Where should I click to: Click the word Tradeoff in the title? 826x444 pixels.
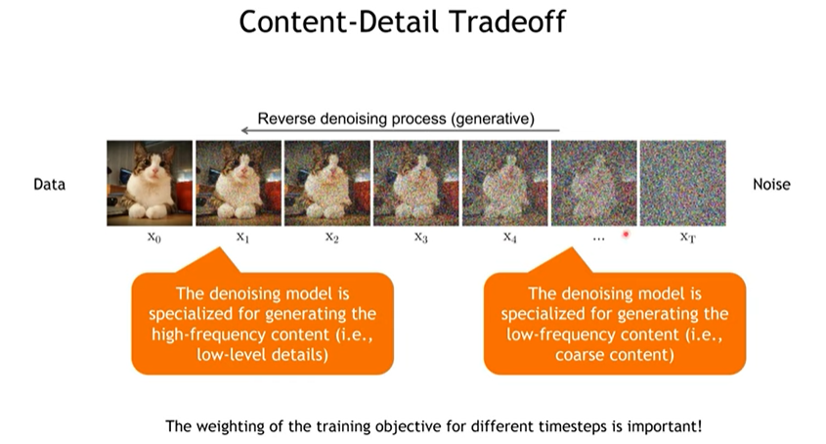point(508,22)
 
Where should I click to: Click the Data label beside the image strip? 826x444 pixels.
point(50,184)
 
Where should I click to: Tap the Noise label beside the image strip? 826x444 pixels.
point(771,184)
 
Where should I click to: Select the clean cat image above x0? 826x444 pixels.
point(150,183)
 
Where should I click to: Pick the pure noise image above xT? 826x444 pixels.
point(682,183)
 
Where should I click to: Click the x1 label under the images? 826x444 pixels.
point(242,238)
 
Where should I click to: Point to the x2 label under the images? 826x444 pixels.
point(332,238)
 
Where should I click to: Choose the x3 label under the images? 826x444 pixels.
point(421,238)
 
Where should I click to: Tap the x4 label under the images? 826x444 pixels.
point(510,238)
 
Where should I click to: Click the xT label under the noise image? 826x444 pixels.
point(687,238)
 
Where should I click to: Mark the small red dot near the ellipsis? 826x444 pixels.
point(626,234)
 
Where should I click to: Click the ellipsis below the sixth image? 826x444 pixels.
point(598,240)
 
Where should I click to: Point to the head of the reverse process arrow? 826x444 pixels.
point(242,130)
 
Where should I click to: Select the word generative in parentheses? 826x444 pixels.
point(492,119)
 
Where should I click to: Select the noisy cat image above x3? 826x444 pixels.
point(416,183)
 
